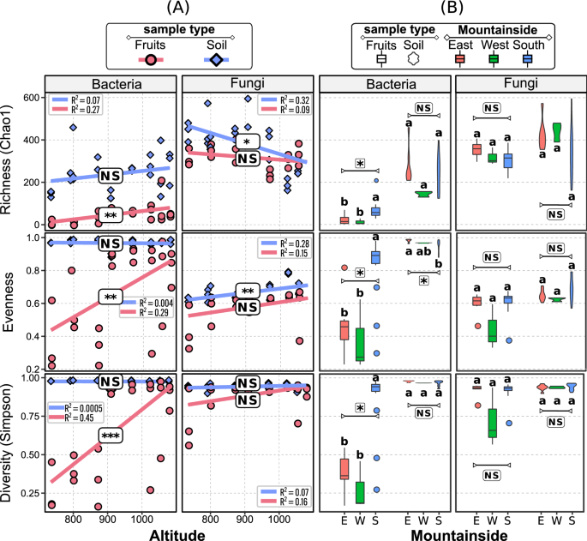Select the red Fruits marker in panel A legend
click(150, 58)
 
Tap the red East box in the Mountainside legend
click(460, 58)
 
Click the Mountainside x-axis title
click(452, 532)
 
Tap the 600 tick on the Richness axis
click(33, 98)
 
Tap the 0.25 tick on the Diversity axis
click(31, 493)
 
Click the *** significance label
click(109, 436)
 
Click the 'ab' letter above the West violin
click(422, 251)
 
